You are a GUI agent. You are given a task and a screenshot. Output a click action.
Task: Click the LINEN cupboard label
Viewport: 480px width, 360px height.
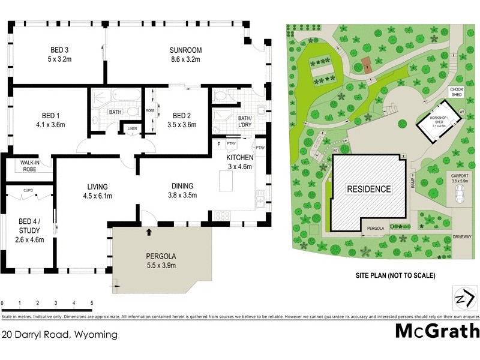click(131, 128)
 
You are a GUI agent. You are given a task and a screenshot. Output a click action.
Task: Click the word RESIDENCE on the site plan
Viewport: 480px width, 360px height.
click(368, 189)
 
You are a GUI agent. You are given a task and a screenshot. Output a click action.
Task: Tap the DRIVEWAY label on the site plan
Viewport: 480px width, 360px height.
click(463, 237)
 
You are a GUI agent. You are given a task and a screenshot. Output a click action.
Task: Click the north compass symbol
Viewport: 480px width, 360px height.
click(460, 298)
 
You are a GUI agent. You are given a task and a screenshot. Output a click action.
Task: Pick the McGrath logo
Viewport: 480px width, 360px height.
click(437, 331)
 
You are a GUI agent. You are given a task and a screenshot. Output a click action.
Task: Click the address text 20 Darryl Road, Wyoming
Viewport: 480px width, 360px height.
click(59, 335)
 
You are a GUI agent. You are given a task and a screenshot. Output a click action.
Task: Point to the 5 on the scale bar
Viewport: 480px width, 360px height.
click(92, 304)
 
